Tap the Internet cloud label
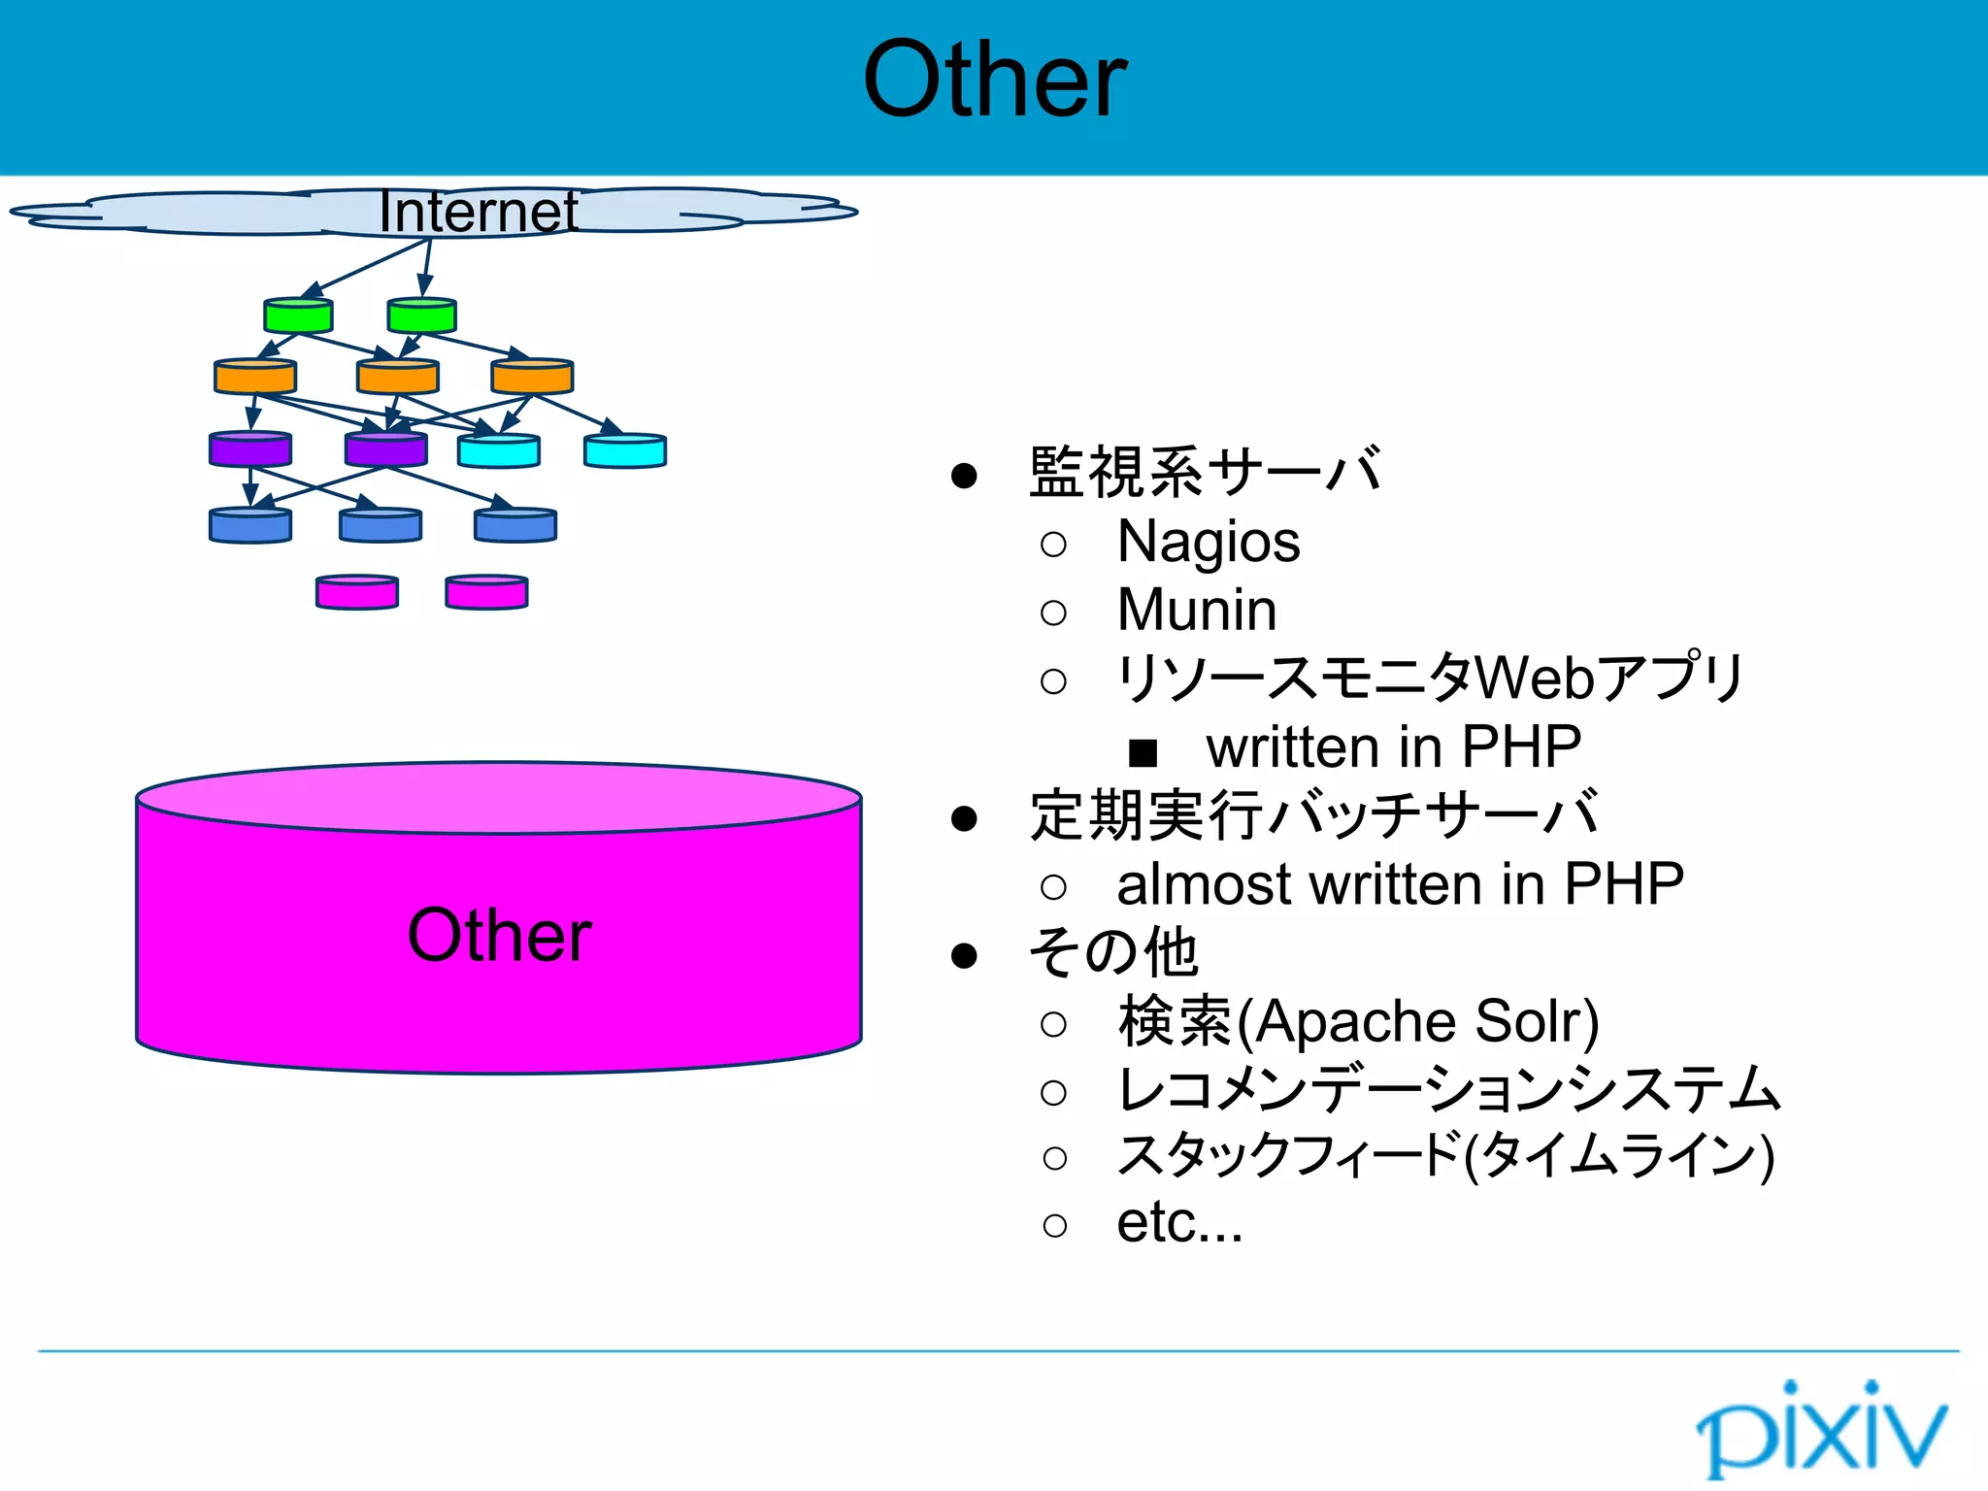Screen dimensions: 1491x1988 click(478, 212)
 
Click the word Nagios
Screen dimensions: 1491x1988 click(1208, 542)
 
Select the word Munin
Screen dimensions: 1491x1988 click(1196, 610)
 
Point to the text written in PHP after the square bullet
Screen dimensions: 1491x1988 click(1393, 747)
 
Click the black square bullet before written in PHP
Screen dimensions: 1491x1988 click(1143, 751)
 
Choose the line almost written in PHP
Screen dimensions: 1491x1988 click(1400, 884)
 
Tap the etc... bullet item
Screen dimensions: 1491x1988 click(1178, 1222)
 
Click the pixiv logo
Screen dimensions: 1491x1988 click(1821, 1428)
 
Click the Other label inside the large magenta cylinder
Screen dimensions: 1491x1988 click(499, 936)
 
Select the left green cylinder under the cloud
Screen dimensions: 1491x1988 click(299, 315)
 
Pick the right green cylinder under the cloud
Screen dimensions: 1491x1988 click(421, 315)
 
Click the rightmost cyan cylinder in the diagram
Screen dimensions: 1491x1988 click(625, 451)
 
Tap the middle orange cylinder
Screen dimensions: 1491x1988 click(398, 377)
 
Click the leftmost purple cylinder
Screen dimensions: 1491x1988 click(250, 449)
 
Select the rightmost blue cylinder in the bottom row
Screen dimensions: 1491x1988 click(515, 525)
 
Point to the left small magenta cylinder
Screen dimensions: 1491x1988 click(357, 592)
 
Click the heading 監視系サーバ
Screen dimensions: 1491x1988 click(1204, 473)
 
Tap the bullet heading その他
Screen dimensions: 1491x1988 click(1112, 952)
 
